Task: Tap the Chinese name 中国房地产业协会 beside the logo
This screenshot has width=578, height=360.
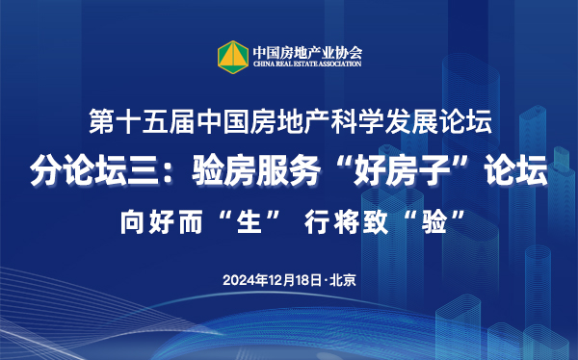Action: (x=306, y=50)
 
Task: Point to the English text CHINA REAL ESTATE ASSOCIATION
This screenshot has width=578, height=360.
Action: (x=306, y=64)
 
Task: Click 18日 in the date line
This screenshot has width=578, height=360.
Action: (x=308, y=280)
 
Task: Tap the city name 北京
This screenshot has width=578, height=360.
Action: (x=343, y=280)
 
